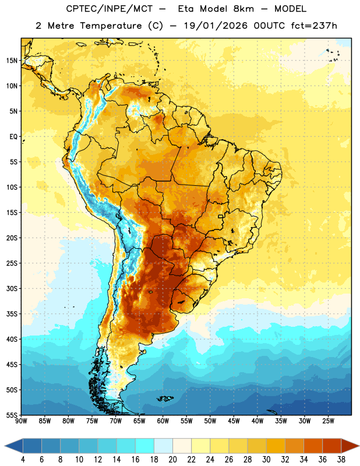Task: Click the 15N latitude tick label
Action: pyautogui.click(x=12, y=61)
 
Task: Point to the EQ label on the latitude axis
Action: pyautogui.click(x=13, y=137)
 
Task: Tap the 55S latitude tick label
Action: pyautogui.click(x=12, y=415)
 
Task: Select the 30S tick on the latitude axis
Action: pyautogui.click(x=12, y=288)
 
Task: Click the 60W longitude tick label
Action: pyautogui.click(x=163, y=421)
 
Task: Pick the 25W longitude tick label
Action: pyautogui.click(x=328, y=421)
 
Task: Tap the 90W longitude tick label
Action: pyautogui.click(x=21, y=421)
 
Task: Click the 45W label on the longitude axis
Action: pyautogui.click(x=234, y=421)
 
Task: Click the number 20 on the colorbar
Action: pyautogui.click(x=172, y=460)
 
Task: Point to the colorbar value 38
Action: pyautogui.click(x=341, y=460)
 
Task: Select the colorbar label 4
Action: pyautogui.click(x=23, y=460)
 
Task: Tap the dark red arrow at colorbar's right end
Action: pyautogui.click(x=351, y=446)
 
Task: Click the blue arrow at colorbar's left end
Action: pyautogui.click(x=13, y=446)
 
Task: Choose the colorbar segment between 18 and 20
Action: pyautogui.click(x=163, y=446)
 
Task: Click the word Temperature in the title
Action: pyautogui.click(x=111, y=26)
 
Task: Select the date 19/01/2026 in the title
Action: pyautogui.click(x=216, y=26)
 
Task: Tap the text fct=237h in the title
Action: pyautogui.click(x=314, y=26)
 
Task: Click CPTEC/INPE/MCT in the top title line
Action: pyautogui.click(x=109, y=9)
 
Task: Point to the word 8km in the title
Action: pyautogui.click(x=243, y=9)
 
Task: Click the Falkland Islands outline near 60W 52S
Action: pyautogui.click(x=165, y=398)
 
